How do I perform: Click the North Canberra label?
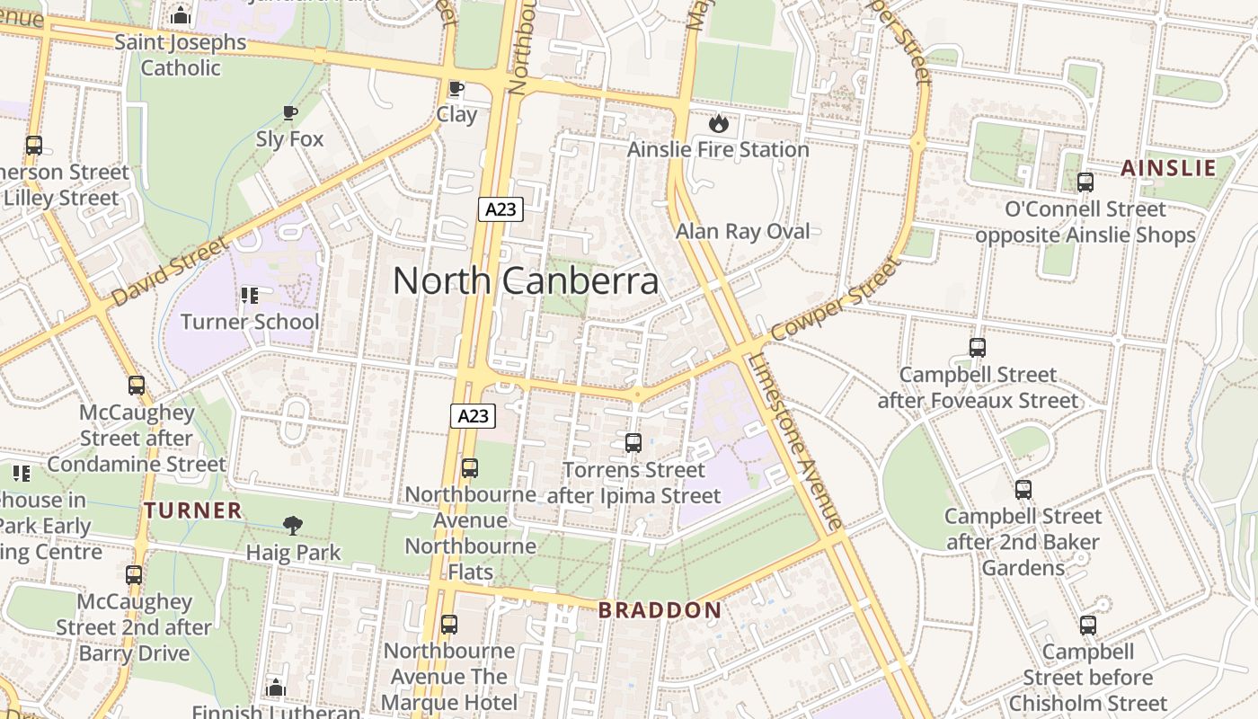tap(526, 281)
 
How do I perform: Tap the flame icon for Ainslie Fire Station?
tap(718, 123)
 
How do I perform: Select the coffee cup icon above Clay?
tap(456, 88)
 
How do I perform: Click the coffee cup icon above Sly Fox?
tap(289, 112)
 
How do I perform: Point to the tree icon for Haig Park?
tap(293, 526)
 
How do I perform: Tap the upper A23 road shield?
tap(500, 209)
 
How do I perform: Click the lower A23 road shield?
tap(473, 415)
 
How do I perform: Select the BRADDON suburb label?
tap(660, 610)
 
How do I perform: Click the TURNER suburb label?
tap(193, 510)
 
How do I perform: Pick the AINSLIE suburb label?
tap(1168, 168)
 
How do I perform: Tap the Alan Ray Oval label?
tap(742, 232)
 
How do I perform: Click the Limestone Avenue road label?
tap(795, 440)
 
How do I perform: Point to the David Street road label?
tap(171, 271)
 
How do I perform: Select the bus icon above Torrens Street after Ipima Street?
tap(633, 443)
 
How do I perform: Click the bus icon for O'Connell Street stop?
tap(1085, 182)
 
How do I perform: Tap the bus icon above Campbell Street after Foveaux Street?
tap(978, 348)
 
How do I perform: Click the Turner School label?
tap(250, 322)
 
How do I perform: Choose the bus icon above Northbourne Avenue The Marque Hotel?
tap(449, 625)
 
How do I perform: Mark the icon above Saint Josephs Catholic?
tap(181, 15)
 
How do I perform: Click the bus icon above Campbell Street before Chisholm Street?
tap(1088, 626)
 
